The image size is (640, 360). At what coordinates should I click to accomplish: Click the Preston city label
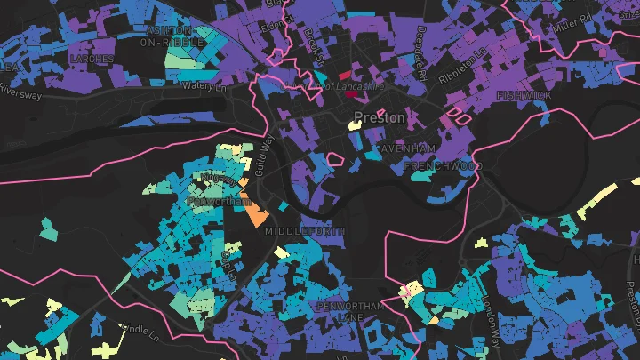[380, 117]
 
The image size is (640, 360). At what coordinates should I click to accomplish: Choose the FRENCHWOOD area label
[442, 166]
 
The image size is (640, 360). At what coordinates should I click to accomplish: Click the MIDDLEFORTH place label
[303, 230]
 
